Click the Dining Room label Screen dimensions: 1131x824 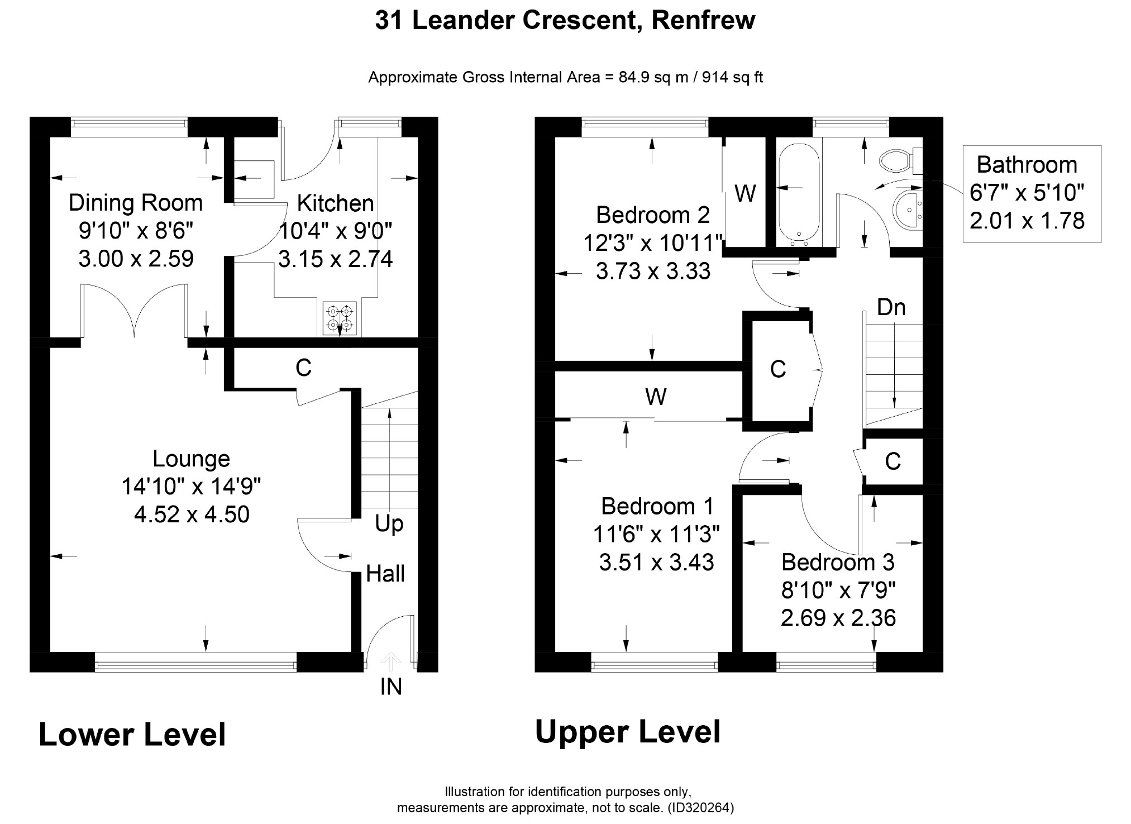pyautogui.click(x=136, y=203)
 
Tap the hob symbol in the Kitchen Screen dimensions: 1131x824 pyautogui.click(x=340, y=318)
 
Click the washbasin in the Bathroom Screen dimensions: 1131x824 pyautogui.click(x=909, y=209)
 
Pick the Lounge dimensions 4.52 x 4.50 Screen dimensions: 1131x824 pyautogui.click(x=192, y=514)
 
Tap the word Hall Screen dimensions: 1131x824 pyautogui.click(x=385, y=574)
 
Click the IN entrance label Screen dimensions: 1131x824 pyautogui.click(x=391, y=687)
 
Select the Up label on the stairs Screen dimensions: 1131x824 pyautogui.click(x=389, y=525)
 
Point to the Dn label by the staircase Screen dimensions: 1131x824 pyautogui.click(x=891, y=307)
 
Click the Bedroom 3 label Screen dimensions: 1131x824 pyautogui.click(x=838, y=562)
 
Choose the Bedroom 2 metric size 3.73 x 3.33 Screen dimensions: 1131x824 pyautogui.click(x=653, y=272)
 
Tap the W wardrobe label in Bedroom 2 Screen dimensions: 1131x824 pyautogui.click(x=745, y=193)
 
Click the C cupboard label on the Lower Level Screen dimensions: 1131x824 pyautogui.click(x=303, y=368)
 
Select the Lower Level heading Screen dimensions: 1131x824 pyautogui.click(x=132, y=735)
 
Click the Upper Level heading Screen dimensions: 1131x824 pyautogui.click(x=628, y=732)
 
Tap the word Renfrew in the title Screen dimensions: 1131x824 pyautogui.click(x=703, y=20)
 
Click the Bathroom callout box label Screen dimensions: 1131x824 pyautogui.click(x=1027, y=165)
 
